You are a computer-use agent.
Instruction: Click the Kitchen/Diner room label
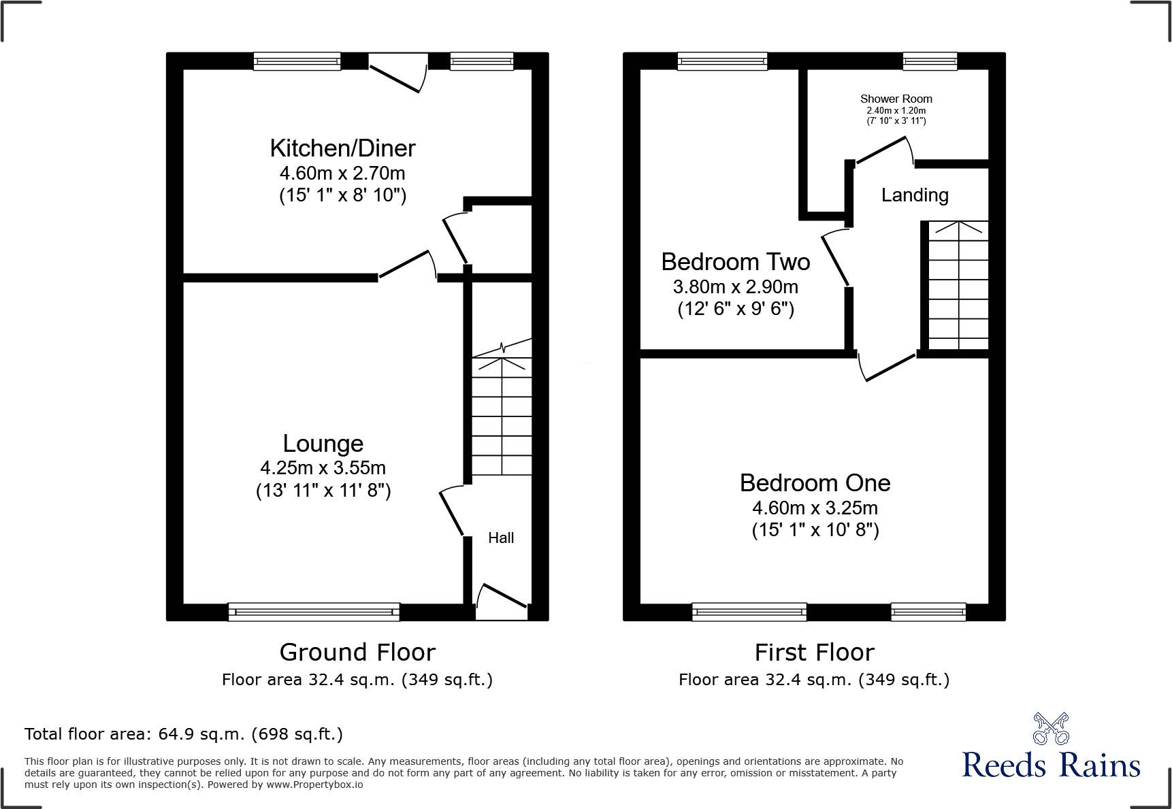[x=342, y=148]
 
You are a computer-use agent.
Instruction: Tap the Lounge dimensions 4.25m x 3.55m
[x=323, y=468]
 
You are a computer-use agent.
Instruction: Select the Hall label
[x=501, y=538]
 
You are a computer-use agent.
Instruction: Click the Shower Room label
[x=896, y=99]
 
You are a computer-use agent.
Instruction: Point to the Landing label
[x=914, y=195]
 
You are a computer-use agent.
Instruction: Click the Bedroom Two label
[x=735, y=262]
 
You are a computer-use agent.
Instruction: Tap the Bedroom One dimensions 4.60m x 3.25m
[x=815, y=508]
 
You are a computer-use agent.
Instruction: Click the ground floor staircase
[x=502, y=415]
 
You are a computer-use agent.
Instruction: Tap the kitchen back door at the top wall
[x=397, y=73]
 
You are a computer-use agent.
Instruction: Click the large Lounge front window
[x=314, y=612]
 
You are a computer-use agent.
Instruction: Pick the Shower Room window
[x=930, y=61]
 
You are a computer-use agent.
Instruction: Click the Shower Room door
[x=883, y=150]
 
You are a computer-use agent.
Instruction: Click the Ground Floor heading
[x=357, y=653]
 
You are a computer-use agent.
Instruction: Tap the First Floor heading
[x=814, y=653]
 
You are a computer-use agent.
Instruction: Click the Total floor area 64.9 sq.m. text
[x=183, y=734]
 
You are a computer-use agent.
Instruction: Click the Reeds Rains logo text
[x=1051, y=765]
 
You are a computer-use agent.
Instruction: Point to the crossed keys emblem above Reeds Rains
[x=1051, y=729]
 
